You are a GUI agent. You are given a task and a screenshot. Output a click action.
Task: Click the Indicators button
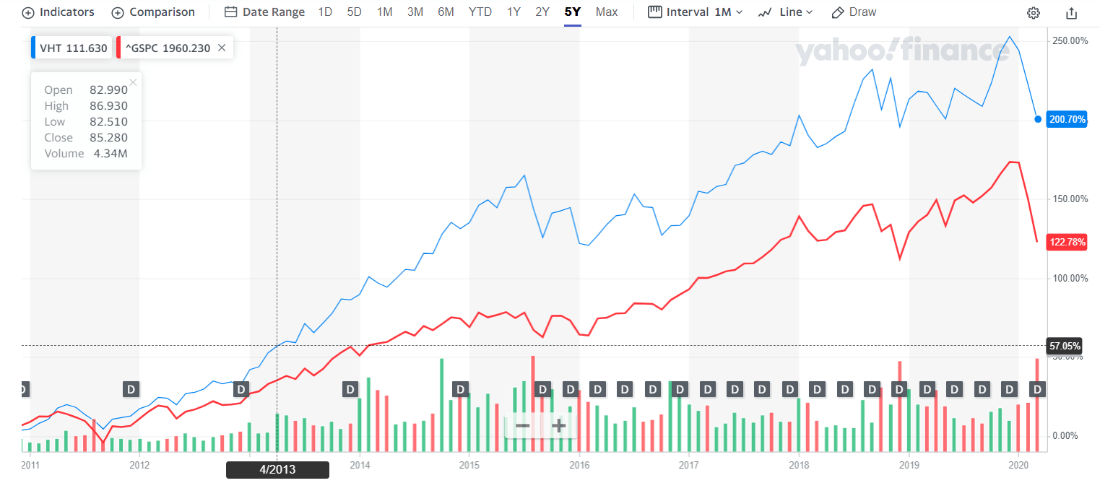(59, 12)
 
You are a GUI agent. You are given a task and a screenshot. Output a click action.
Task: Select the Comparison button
(153, 12)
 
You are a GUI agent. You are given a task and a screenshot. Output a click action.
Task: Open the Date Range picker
(264, 12)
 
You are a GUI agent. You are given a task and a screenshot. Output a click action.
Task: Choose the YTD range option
(480, 12)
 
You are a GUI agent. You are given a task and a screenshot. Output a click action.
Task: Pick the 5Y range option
(573, 12)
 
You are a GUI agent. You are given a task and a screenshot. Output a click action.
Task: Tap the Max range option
(607, 12)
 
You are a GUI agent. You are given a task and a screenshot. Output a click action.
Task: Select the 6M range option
(446, 12)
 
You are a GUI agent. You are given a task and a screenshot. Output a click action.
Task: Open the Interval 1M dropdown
(696, 12)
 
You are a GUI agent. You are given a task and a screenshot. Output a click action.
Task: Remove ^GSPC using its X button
(222, 48)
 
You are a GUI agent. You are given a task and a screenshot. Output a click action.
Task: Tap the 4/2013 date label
(277, 470)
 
